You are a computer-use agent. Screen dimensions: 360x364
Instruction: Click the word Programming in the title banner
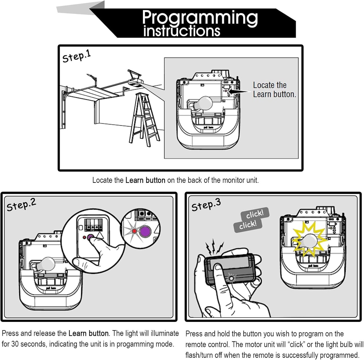click(200, 18)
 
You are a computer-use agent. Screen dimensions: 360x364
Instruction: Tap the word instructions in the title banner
click(182, 31)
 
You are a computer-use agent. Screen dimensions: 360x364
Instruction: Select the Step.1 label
click(76, 56)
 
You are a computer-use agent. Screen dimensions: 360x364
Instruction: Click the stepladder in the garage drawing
click(144, 118)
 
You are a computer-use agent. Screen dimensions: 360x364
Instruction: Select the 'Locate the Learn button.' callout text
click(274, 90)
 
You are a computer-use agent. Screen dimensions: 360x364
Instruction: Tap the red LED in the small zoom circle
click(134, 232)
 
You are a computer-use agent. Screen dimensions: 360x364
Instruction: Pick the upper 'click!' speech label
click(255, 214)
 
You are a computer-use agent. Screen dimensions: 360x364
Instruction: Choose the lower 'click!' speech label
click(247, 225)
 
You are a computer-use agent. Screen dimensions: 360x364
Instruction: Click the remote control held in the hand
click(230, 269)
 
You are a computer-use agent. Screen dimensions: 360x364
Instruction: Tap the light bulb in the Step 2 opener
click(46, 264)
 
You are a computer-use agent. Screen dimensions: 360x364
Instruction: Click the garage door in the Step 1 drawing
click(92, 93)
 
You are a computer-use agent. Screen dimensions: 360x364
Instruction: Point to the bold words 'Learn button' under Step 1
click(145, 180)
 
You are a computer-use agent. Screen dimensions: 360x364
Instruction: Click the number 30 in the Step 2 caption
click(15, 344)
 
